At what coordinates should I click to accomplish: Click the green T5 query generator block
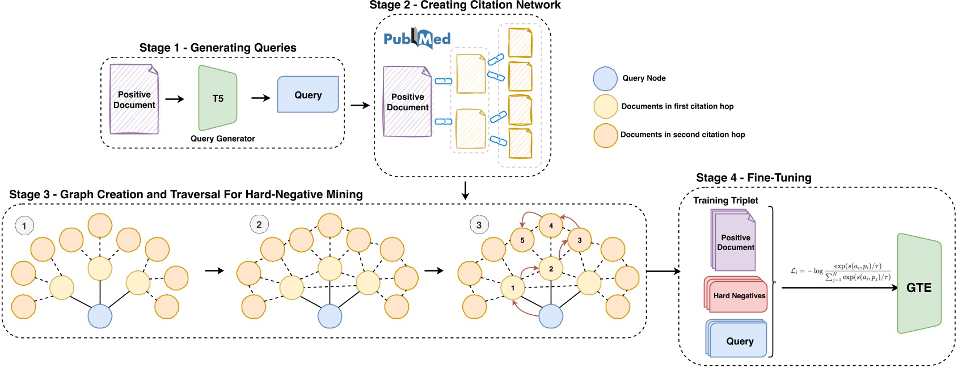click(x=217, y=98)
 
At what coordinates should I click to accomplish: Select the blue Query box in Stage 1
click(x=307, y=94)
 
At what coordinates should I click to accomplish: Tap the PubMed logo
click(x=417, y=38)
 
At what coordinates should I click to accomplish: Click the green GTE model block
click(x=918, y=283)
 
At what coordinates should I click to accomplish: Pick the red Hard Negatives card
click(x=737, y=295)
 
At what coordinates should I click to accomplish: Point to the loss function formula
click(x=840, y=272)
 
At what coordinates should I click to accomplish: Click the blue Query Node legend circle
click(x=605, y=78)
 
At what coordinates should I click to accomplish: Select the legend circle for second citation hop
click(x=605, y=135)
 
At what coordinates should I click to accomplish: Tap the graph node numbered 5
click(x=522, y=240)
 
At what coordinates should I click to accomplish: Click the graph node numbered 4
click(x=550, y=226)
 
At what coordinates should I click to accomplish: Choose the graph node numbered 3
click(x=579, y=240)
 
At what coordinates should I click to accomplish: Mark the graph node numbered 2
click(x=550, y=269)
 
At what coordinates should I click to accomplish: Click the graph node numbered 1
click(x=512, y=287)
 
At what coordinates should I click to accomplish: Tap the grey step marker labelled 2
click(x=259, y=224)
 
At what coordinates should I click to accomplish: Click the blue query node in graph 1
click(x=100, y=316)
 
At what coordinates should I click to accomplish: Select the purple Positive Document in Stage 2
click(x=407, y=102)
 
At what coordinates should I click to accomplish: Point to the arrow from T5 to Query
click(x=261, y=98)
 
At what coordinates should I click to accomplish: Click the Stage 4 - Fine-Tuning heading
click(x=753, y=178)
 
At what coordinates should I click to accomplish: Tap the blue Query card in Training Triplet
click(x=738, y=341)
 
